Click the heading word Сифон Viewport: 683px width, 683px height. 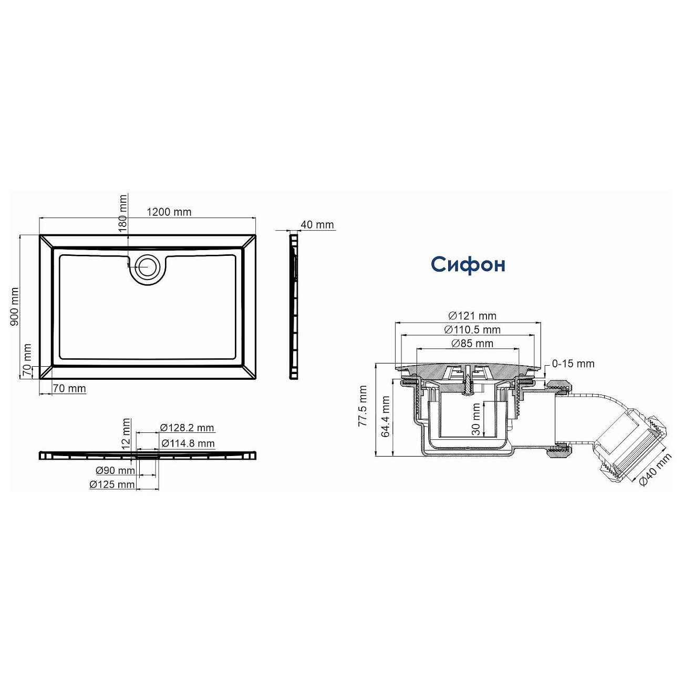468,265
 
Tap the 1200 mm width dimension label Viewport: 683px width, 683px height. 169,212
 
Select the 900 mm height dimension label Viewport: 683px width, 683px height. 14,307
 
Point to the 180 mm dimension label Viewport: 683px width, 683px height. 122,213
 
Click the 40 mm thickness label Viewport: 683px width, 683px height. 317,225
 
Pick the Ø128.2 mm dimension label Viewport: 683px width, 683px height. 187,428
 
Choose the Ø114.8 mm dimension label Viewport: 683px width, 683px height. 188,443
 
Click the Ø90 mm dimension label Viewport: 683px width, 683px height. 116,470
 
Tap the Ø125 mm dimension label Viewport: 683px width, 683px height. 112,484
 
